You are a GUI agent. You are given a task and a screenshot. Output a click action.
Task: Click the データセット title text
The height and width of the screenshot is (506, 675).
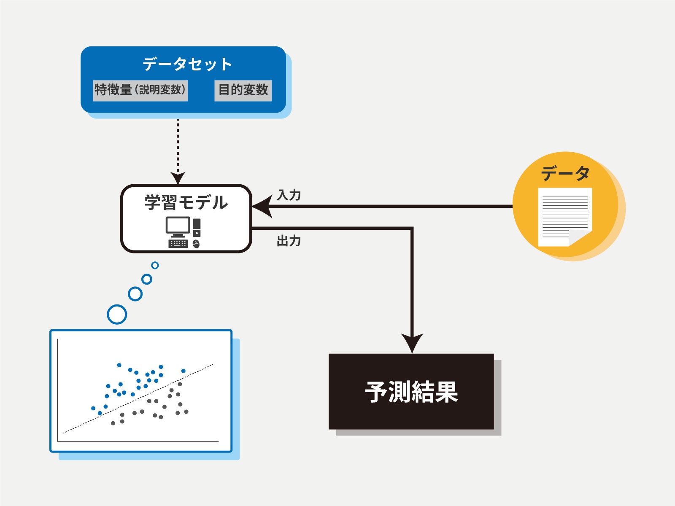click(187, 65)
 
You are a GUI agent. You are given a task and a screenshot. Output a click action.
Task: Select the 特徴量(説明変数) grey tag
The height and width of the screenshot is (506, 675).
click(140, 90)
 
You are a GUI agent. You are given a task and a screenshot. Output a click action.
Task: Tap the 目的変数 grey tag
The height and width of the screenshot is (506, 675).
click(243, 90)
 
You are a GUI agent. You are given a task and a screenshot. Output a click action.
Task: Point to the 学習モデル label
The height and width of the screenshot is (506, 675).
click(186, 203)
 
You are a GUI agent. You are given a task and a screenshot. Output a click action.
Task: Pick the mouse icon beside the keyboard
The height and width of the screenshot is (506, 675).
click(196, 244)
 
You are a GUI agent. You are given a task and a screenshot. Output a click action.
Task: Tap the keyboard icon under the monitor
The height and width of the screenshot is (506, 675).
click(178, 244)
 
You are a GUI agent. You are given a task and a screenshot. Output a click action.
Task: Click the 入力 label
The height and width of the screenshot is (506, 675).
click(289, 195)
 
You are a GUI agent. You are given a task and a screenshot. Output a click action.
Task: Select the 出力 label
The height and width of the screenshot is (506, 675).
click(289, 241)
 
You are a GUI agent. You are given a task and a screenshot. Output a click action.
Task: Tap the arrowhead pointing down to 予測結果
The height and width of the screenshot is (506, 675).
click(412, 342)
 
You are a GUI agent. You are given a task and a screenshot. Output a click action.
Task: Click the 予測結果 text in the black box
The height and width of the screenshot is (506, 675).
click(411, 392)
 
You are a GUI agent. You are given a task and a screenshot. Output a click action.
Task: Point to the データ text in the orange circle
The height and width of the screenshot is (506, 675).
click(565, 173)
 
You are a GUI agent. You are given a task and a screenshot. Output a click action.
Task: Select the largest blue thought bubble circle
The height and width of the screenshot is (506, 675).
click(117, 314)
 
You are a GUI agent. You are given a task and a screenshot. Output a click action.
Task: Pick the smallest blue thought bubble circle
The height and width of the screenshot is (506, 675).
click(155, 265)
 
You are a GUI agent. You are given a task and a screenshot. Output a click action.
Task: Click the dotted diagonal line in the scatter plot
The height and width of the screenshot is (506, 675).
click(139, 398)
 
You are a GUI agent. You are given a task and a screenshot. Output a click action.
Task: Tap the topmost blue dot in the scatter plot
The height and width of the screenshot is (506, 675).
click(119, 365)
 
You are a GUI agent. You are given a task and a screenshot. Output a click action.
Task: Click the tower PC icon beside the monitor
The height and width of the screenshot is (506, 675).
click(197, 228)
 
